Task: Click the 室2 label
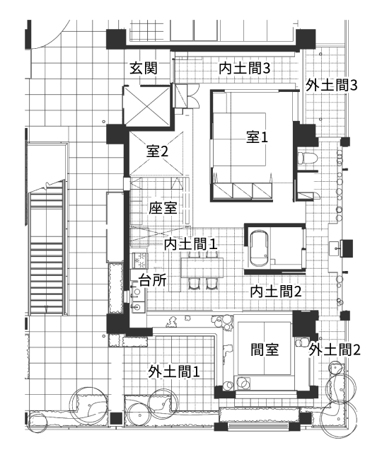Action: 158,151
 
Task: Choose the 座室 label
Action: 163,208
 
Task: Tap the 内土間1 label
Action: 190,244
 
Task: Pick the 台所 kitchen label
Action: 153,279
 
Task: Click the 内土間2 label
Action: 277,290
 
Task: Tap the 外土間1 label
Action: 174,371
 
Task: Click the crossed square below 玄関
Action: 146,105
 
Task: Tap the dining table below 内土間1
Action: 201,267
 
